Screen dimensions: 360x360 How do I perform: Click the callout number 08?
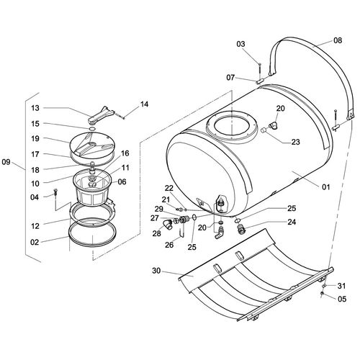(x=338, y=40)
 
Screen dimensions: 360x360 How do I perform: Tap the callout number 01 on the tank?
(x=325, y=186)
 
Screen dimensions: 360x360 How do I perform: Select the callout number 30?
(x=156, y=271)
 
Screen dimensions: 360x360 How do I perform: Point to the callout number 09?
(x=6, y=162)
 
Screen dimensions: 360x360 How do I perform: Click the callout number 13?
(x=35, y=108)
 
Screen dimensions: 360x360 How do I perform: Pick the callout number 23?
(x=295, y=142)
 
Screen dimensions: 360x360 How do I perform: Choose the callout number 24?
(x=292, y=222)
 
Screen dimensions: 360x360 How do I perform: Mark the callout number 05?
(x=342, y=299)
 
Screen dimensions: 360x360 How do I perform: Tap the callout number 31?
(x=341, y=286)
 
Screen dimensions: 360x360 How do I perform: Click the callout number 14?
(x=144, y=104)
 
